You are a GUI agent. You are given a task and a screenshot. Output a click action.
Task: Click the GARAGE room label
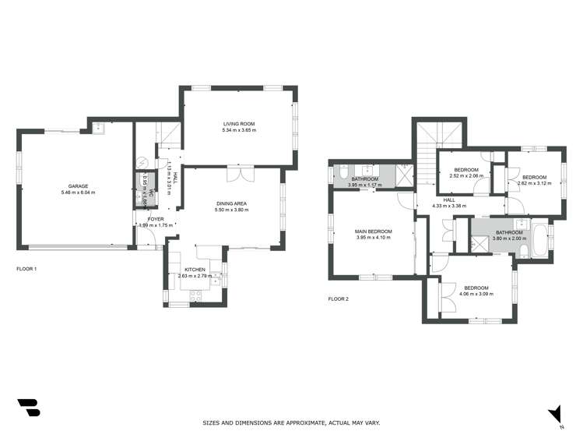[x=78, y=186]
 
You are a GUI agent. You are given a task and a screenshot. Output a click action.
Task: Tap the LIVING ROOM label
[x=240, y=124]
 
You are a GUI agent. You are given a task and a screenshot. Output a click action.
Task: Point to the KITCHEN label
[x=194, y=270]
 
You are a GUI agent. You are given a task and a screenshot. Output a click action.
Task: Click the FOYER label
[x=156, y=220]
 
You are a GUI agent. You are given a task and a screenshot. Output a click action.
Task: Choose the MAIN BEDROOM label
[x=374, y=231]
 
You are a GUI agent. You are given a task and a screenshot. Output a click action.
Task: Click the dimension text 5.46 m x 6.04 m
[x=78, y=193]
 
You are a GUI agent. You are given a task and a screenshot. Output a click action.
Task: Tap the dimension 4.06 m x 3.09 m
[x=476, y=294]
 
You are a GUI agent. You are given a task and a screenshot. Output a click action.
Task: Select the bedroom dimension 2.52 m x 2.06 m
[x=466, y=176]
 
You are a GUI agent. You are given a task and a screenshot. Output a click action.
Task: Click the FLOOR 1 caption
[x=26, y=268]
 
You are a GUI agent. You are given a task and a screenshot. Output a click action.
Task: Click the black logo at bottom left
[x=28, y=408]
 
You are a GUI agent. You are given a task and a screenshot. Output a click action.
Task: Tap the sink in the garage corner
[x=100, y=129]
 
